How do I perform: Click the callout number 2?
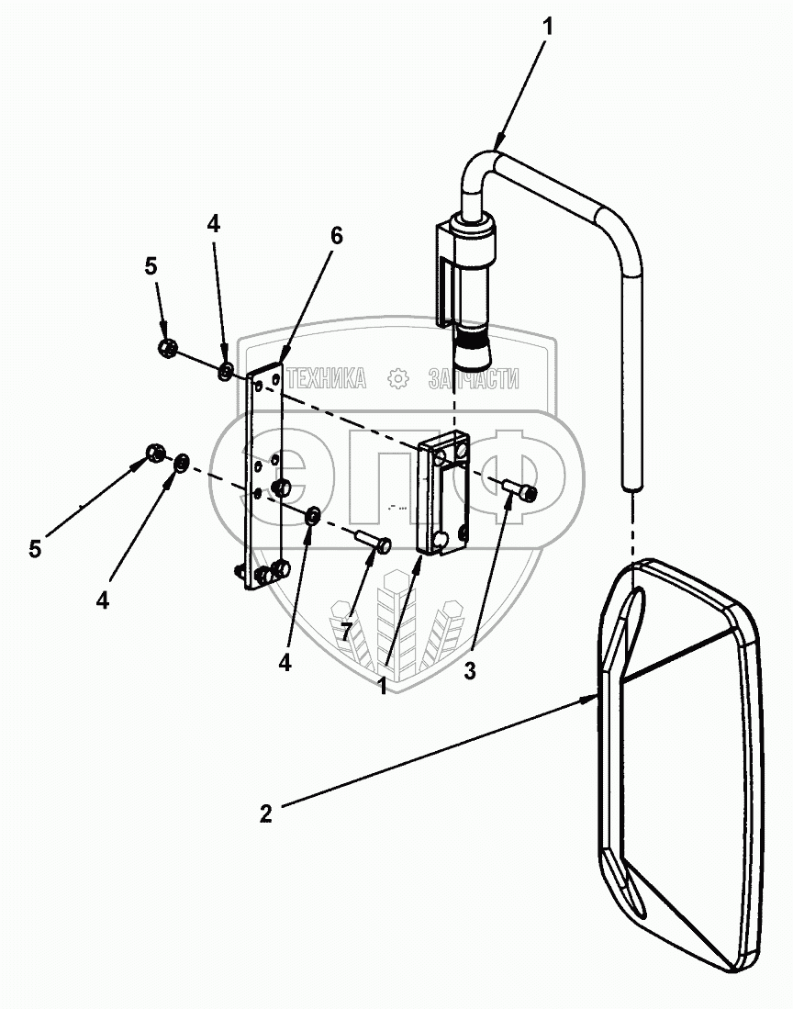pos(266,813)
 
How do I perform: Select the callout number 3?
pos(470,671)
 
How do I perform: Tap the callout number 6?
pos(336,236)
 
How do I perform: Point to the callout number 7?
pos(346,631)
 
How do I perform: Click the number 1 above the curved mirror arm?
pos(548,28)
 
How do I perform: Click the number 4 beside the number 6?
pos(214,224)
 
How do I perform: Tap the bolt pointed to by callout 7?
pos(372,542)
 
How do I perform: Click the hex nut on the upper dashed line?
pos(167,348)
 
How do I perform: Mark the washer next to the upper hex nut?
pos(225,372)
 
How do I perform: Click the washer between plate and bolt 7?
pos(312,516)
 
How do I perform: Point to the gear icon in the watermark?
pos(397,377)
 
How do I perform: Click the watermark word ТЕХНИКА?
pos(326,378)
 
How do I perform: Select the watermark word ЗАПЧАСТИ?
pos(475,378)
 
